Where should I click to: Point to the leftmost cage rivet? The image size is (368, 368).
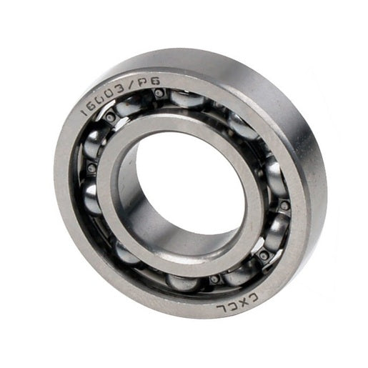point(91,169)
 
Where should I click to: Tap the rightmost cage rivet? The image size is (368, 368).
point(284,206)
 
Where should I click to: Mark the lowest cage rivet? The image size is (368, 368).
point(214,279)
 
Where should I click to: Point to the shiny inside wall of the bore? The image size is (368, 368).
point(143,207)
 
